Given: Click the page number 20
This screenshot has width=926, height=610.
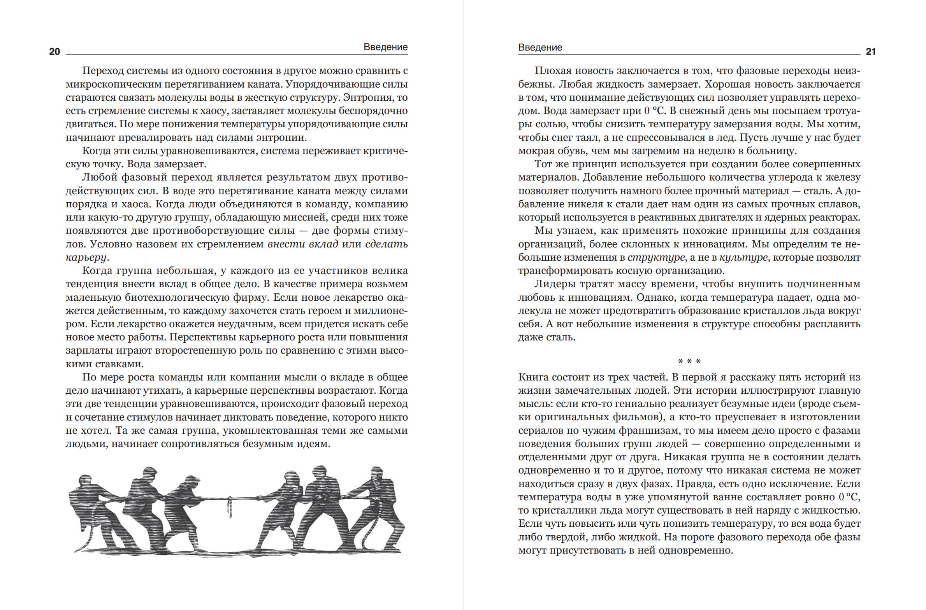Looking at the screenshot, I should pyautogui.click(x=54, y=52).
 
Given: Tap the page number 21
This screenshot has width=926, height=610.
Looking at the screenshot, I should pyautogui.click(x=871, y=52).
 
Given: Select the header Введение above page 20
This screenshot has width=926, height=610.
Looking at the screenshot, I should pyautogui.click(x=385, y=47).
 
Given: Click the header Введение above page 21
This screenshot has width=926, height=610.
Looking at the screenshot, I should pyautogui.click(x=540, y=47).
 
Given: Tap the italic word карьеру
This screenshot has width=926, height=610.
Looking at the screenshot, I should pyautogui.click(x=86, y=258).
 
